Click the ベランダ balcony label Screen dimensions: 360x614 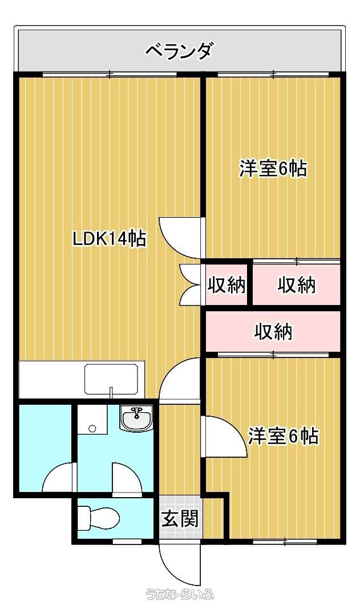180,51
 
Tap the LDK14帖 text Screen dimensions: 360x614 110,238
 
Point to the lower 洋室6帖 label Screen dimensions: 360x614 284,436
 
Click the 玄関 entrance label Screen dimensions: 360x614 180,518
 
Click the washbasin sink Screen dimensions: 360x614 136,418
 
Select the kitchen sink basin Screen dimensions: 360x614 112,379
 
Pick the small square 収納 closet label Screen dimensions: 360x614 226,284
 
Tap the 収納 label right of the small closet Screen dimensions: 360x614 297,284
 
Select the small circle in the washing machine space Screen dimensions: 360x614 92,428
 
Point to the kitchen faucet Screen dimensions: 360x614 111,392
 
